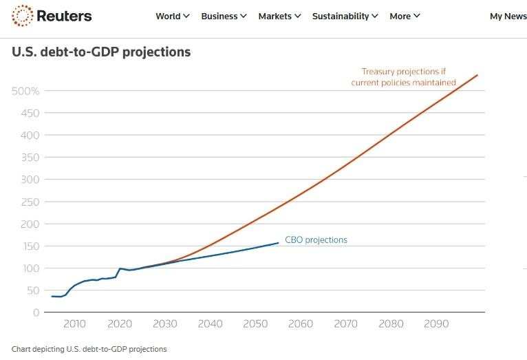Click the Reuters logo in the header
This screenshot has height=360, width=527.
(x=52, y=16)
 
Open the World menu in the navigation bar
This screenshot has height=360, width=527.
(x=172, y=16)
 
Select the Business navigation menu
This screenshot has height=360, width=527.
(x=224, y=16)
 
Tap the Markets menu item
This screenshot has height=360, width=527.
(x=279, y=16)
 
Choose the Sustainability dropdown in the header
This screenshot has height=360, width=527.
(x=345, y=16)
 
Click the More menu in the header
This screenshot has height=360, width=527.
(x=405, y=16)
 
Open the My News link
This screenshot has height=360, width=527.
(x=508, y=16)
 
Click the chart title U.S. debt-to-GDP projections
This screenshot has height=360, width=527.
(x=101, y=52)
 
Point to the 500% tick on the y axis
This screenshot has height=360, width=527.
(x=25, y=91)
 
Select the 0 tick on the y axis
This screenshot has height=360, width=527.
(x=36, y=313)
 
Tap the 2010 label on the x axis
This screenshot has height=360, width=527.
(x=74, y=324)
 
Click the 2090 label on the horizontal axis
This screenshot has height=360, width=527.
(x=436, y=324)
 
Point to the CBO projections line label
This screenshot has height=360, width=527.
(x=316, y=240)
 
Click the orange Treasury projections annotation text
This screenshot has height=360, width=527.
(x=403, y=76)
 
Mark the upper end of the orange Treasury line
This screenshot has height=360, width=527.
(x=477, y=75)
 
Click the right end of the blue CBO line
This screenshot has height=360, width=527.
(x=279, y=242)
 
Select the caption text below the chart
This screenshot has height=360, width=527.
(x=89, y=349)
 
